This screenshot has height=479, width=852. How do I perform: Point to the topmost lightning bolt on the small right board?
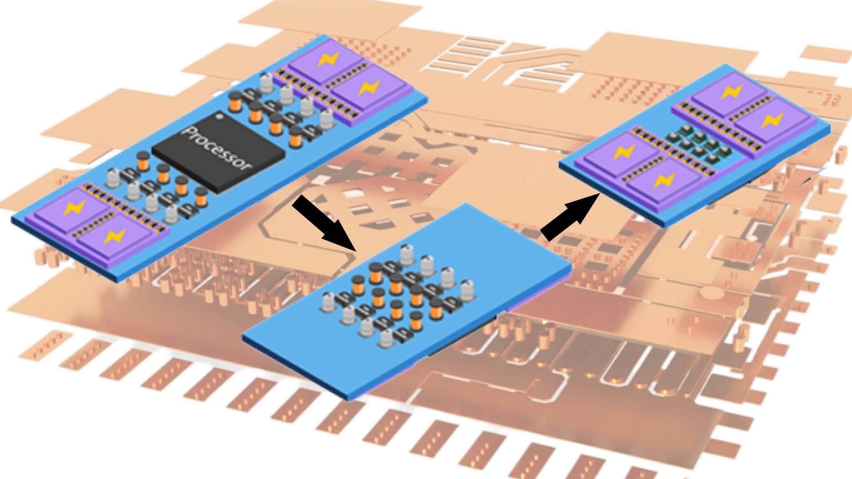click(728, 92)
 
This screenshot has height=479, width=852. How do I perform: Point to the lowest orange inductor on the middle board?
click(416, 321)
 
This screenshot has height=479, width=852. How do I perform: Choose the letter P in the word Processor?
click(189, 133)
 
